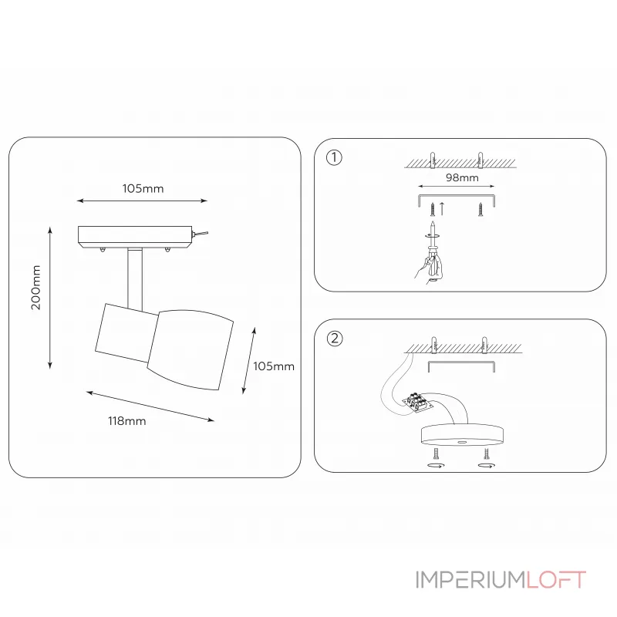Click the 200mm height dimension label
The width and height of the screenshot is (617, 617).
(x=35, y=288)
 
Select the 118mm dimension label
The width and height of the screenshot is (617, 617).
(x=127, y=421)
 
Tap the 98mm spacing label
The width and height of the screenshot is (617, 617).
(x=462, y=177)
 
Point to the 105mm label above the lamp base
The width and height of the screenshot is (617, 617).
(x=143, y=188)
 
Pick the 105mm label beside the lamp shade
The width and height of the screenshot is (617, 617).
(x=274, y=366)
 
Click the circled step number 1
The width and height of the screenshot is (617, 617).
(x=334, y=157)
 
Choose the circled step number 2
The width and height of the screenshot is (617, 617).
(x=335, y=339)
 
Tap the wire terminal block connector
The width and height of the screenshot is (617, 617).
(x=418, y=402)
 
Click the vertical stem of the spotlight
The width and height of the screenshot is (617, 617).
(x=135, y=278)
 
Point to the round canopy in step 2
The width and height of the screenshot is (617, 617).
(x=462, y=434)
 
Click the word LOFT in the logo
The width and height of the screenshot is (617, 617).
(x=556, y=579)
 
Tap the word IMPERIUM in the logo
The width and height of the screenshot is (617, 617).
(x=470, y=579)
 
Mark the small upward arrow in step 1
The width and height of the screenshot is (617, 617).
(x=442, y=208)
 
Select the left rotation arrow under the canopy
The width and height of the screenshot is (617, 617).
(x=436, y=466)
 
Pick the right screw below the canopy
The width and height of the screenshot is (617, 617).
(x=487, y=453)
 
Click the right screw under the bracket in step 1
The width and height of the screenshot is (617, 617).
(x=480, y=209)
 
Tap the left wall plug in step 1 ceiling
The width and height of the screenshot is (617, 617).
(x=433, y=160)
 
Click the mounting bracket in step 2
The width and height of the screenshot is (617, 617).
(x=461, y=362)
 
